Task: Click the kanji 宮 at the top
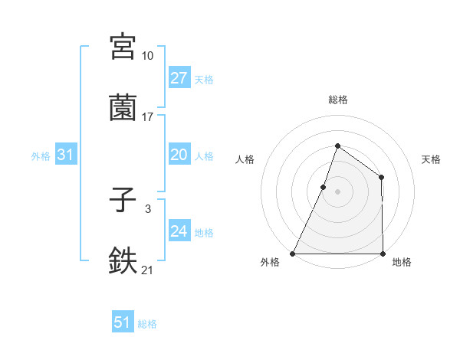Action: point(123,46)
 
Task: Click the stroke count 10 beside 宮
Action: point(147,56)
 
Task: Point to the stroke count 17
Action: point(147,117)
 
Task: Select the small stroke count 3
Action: point(147,209)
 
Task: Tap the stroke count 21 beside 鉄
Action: point(147,270)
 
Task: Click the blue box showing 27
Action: point(179,78)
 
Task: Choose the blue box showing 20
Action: point(179,155)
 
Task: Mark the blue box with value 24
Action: point(179,231)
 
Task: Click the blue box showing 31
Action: point(66,155)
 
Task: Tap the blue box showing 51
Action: point(123,322)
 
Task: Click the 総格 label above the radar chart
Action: point(337,100)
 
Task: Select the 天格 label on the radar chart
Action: point(431,159)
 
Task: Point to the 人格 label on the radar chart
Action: point(245,159)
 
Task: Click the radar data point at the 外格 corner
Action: point(293,254)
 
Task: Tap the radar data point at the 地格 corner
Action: point(383,254)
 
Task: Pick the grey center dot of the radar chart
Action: point(337,191)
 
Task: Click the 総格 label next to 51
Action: point(147,324)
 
